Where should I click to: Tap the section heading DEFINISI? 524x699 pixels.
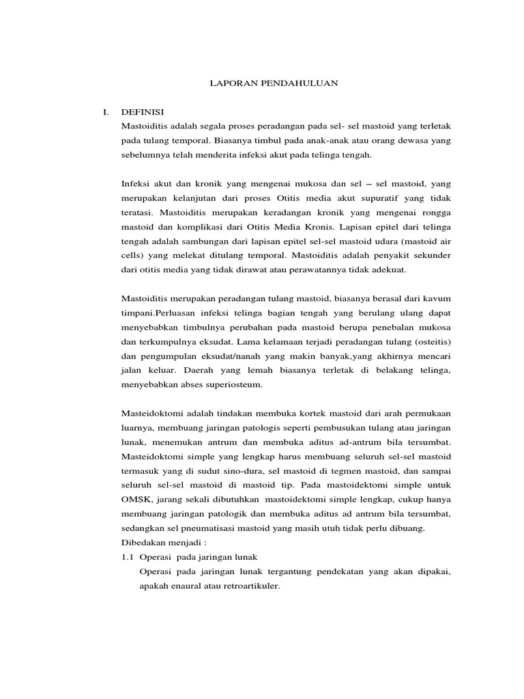143,111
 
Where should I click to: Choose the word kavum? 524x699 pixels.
435,299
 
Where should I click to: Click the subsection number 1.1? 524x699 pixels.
127,558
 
